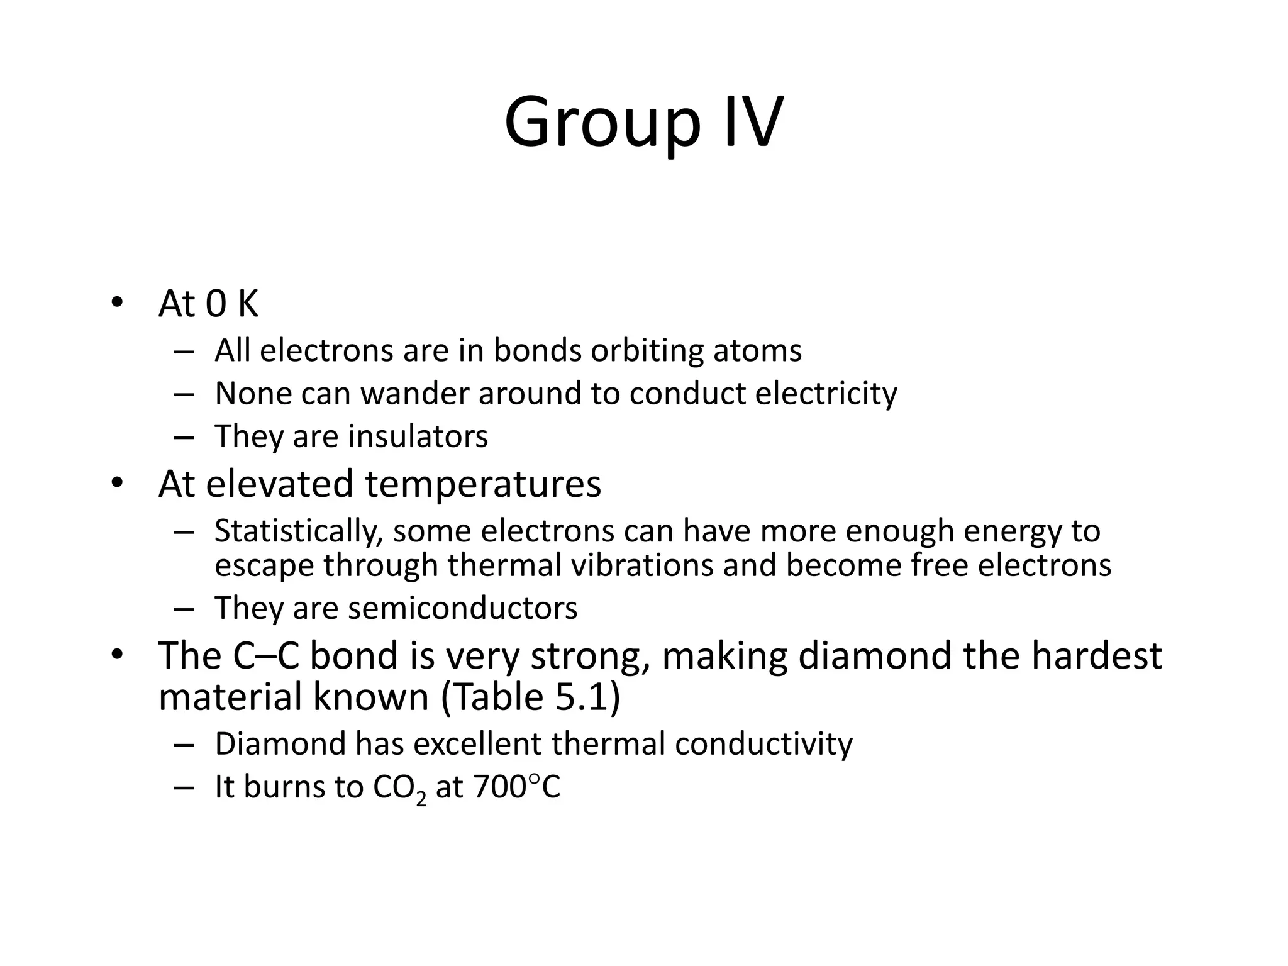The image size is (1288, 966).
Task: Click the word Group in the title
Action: pyautogui.click(x=602, y=123)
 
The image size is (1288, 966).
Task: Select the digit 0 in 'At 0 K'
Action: pyautogui.click(x=216, y=304)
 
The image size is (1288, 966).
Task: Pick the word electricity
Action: pyautogui.click(x=826, y=394)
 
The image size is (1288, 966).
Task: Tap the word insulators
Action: pyautogui.click(x=418, y=436)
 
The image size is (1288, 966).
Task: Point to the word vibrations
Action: pyautogui.click(x=643, y=565)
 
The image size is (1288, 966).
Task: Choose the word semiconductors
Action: pyautogui.click(x=462, y=608)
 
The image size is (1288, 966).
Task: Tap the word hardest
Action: pyautogui.click(x=1096, y=655)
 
